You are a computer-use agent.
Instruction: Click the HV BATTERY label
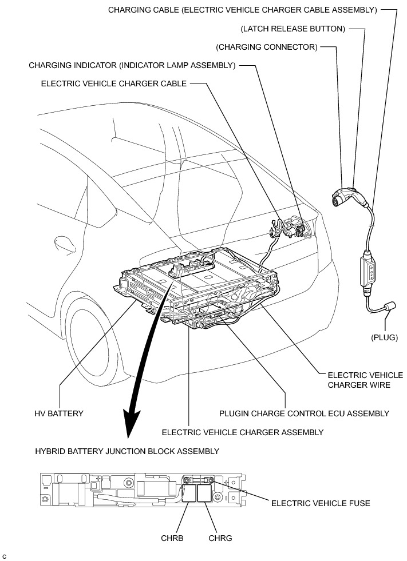(59, 413)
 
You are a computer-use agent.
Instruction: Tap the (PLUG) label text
(384, 337)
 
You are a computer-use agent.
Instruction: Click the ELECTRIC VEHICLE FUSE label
(320, 503)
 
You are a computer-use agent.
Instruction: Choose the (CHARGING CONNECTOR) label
(266, 47)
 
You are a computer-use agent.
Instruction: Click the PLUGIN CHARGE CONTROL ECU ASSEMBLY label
(304, 413)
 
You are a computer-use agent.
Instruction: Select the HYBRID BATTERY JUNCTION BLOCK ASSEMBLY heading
(127, 451)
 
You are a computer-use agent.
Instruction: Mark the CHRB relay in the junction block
(188, 493)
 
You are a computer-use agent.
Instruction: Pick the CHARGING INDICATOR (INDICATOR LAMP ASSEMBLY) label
(132, 65)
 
